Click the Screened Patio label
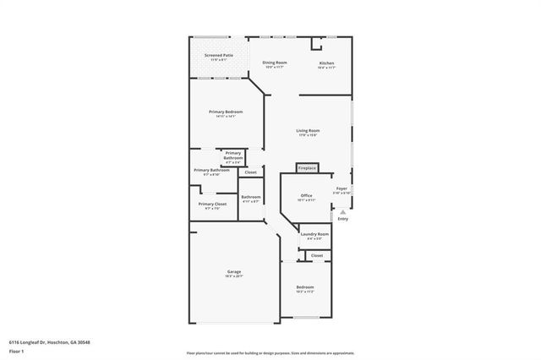pyautogui.click(x=218, y=55)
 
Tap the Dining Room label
pyautogui.click(x=274, y=63)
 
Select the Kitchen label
pyautogui.click(x=326, y=63)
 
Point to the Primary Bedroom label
pyautogui.click(x=227, y=112)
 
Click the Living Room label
pyautogui.click(x=308, y=130)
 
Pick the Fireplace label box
pyautogui.click(x=307, y=168)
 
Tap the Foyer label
pyautogui.click(x=342, y=188)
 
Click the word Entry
pyautogui.click(x=342, y=219)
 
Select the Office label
pyautogui.click(x=307, y=195)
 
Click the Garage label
pyautogui.click(x=233, y=272)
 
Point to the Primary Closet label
pyautogui.click(x=212, y=204)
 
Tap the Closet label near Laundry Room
pyautogui.click(x=317, y=255)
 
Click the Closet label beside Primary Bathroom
pyautogui.click(x=249, y=172)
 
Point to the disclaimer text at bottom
pyautogui.click(x=270, y=352)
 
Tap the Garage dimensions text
pyautogui.click(x=233, y=277)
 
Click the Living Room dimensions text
pyautogui.click(x=308, y=135)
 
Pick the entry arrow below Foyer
pyautogui.click(x=342, y=211)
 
